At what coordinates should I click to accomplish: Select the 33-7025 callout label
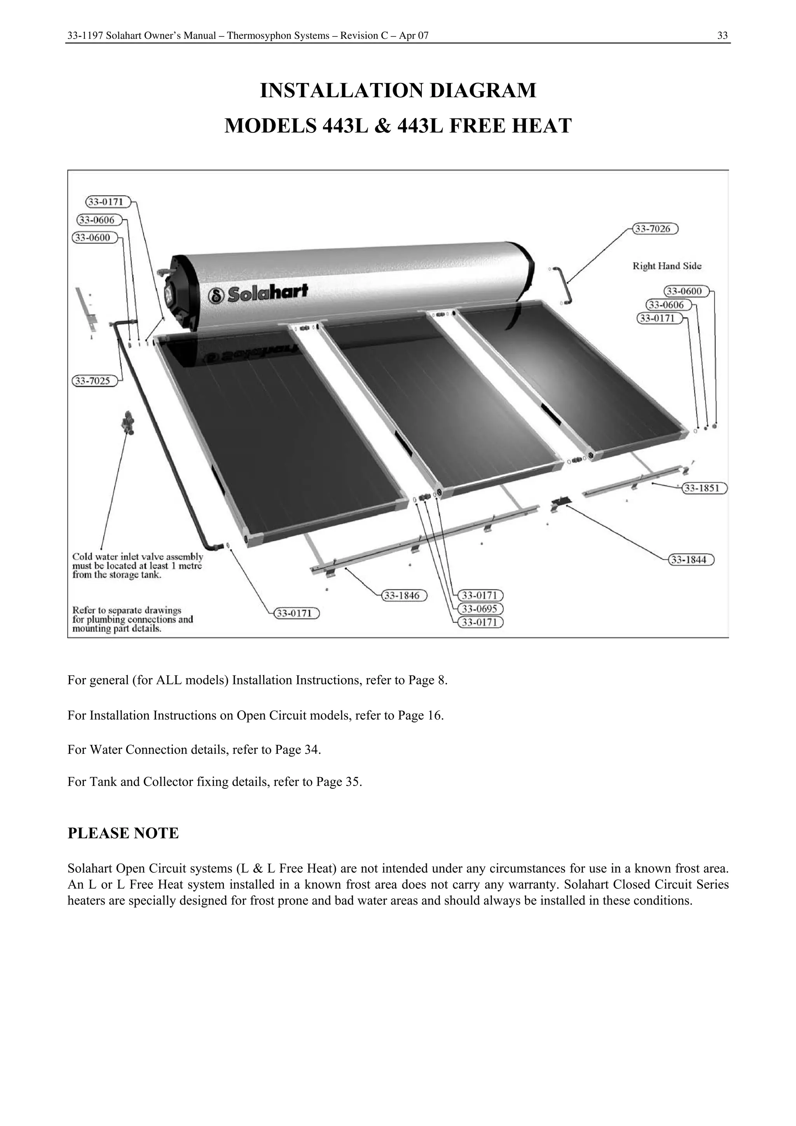point(95,380)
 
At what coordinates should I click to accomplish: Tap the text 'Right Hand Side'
point(667,266)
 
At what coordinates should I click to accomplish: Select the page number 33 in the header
point(722,35)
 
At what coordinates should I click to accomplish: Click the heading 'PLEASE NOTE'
point(123,833)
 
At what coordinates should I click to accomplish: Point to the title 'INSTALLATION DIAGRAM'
point(398,91)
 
